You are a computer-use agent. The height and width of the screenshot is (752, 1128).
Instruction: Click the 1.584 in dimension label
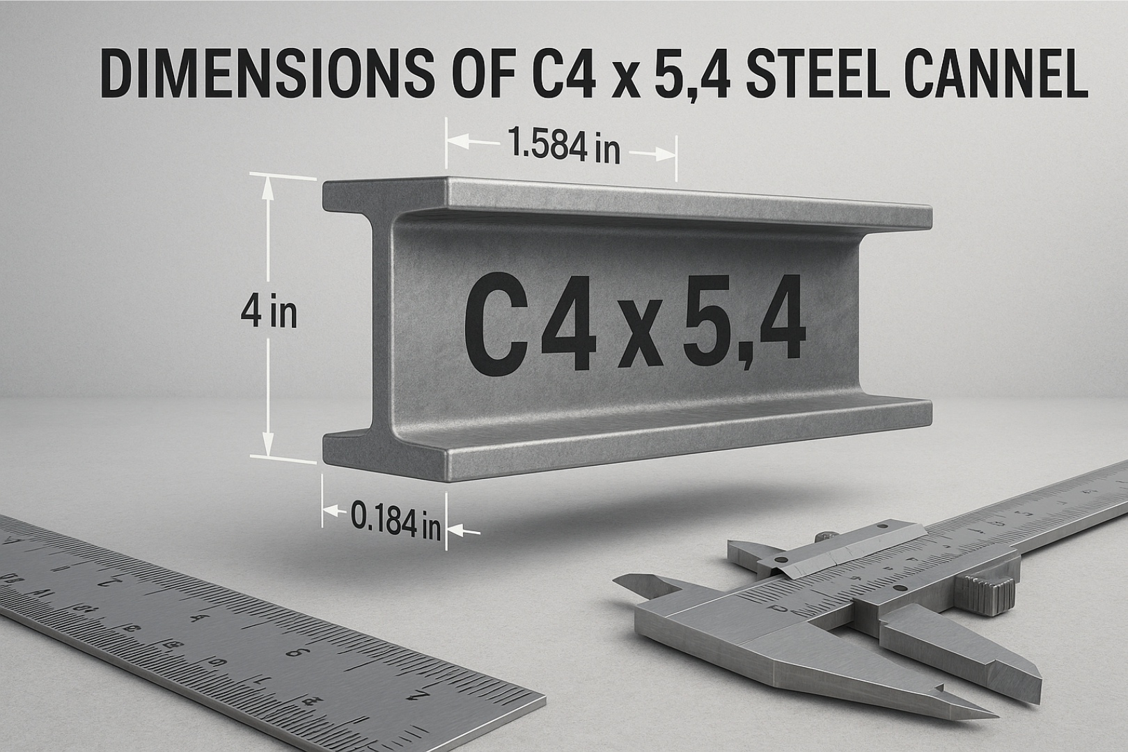tap(563, 148)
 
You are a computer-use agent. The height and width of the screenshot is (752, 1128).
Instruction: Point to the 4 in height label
tap(269, 313)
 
